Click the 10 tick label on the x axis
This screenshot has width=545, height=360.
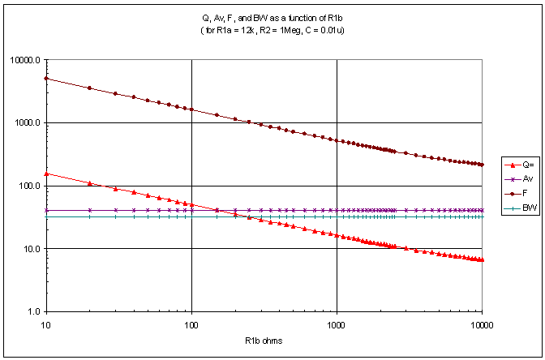tap(46, 323)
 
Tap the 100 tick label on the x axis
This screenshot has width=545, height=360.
tap(191, 323)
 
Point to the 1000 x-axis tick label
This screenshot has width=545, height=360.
tap(337, 323)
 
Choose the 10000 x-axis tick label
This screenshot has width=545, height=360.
tap(482, 323)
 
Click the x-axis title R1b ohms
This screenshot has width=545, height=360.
tap(264, 341)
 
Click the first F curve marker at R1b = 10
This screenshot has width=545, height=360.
tap(46, 79)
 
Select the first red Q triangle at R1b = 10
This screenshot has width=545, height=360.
tap(46, 174)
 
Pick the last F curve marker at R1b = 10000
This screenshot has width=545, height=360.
tap(482, 165)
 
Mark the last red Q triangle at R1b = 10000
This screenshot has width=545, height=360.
tap(482, 259)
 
